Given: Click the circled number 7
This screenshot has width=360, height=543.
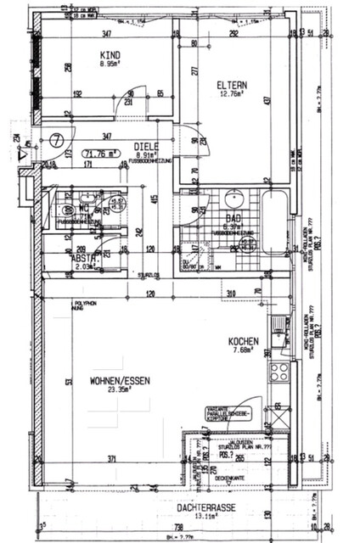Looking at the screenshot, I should (58, 137).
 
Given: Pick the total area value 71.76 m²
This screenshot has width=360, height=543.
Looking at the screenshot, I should (101, 154).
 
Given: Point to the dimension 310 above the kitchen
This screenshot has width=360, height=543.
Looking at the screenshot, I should (231, 293).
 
